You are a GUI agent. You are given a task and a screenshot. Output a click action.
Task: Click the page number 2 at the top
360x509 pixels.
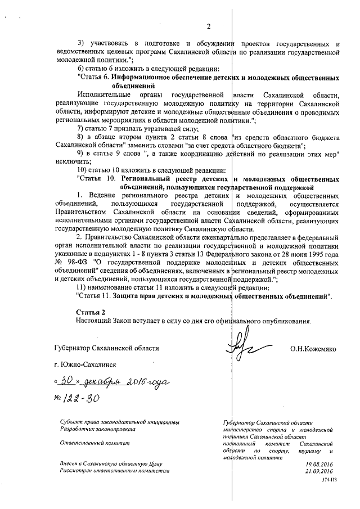tap(208, 26)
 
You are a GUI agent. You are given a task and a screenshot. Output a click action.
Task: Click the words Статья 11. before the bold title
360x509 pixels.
tap(93, 295)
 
